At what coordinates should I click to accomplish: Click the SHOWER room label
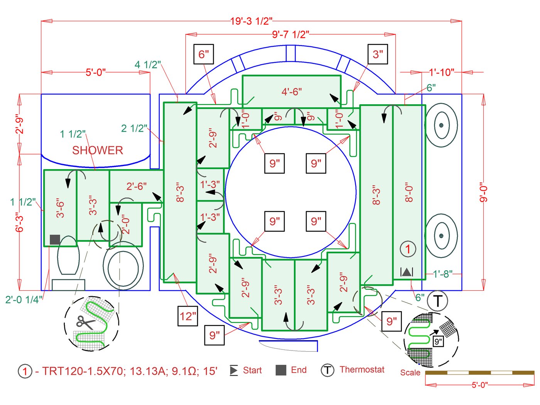point(98,150)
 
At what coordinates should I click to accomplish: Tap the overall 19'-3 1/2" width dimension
point(251,21)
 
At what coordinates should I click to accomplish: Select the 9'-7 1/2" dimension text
point(290,35)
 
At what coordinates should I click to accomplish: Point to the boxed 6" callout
point(203,54)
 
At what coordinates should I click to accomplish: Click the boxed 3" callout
point(378,54)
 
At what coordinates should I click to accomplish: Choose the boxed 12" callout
point(188,316)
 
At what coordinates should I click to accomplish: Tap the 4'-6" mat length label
point(292,92)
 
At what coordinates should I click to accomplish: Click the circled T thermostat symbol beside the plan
point(437,301)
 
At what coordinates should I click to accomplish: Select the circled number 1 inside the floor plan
point(408,249)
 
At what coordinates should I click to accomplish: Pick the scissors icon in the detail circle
point(85,322)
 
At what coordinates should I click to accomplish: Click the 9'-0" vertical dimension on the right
point(484,192)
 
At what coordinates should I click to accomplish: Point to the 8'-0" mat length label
point(409,192)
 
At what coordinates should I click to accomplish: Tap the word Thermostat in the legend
point(362,370)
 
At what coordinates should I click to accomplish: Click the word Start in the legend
point(252,371)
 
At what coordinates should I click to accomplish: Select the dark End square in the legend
point(281,370)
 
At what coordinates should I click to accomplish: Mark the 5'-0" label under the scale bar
point(479,385)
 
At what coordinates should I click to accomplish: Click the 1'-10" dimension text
point(441,72)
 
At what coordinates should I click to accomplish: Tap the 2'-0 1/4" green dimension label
point(24,300)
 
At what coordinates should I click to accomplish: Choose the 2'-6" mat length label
point(137,186)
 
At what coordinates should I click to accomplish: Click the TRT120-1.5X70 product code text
point(83,371)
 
